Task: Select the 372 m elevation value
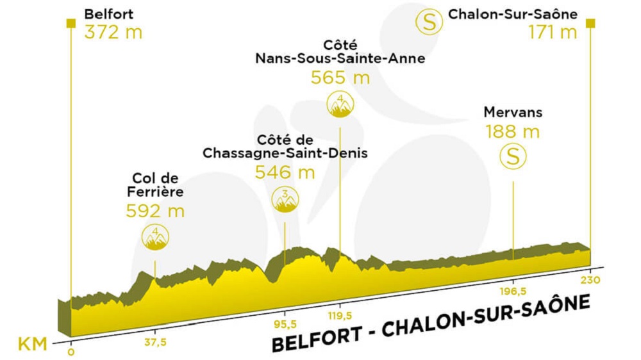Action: [x=113, y=32]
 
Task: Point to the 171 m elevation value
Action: [x=553, y=32]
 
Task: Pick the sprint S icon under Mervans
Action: [x=513, y=156]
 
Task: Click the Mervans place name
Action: [x=513, y=113]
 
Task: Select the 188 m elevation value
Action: [x=513, y=132]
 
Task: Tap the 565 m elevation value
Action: [x=340, y=78]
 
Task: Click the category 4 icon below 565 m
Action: [x=340, y=104]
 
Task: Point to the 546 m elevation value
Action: [x=285, y=172]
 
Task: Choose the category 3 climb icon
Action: [x=285, y=199]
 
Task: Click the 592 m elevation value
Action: [x=155, y=211]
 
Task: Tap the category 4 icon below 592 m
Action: [x=155, y=237]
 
